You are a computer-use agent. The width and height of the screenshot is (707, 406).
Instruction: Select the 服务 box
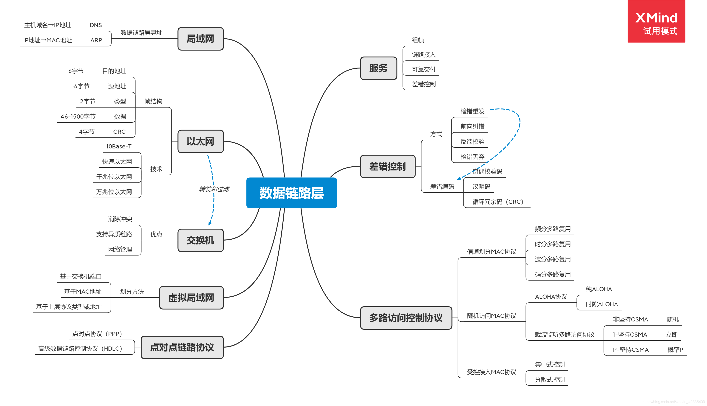(x=378, y=68)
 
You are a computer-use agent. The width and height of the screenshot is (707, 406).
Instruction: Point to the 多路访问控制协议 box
(x=406, y=318)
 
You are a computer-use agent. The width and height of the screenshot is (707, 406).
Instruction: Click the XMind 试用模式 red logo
(x=656, y=21)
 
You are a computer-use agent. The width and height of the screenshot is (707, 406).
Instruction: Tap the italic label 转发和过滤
(x=214, y=189)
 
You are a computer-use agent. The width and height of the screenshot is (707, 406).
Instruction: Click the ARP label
(x=96, y=40)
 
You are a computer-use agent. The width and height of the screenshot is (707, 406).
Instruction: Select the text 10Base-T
(x=119, y=146)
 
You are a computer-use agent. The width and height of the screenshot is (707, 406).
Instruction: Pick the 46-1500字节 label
(x=78, y=116)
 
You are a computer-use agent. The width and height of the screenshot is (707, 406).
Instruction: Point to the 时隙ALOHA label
(x=601, y=304)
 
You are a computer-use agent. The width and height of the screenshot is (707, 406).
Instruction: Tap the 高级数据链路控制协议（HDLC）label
(x=80, y=349)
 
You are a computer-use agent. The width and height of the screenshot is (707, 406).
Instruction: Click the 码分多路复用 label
(x=553, y=274)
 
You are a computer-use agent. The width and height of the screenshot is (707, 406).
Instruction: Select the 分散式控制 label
(x=549, y=380)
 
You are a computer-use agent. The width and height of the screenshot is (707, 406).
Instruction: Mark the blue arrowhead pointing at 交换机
(x=210, y=223)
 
